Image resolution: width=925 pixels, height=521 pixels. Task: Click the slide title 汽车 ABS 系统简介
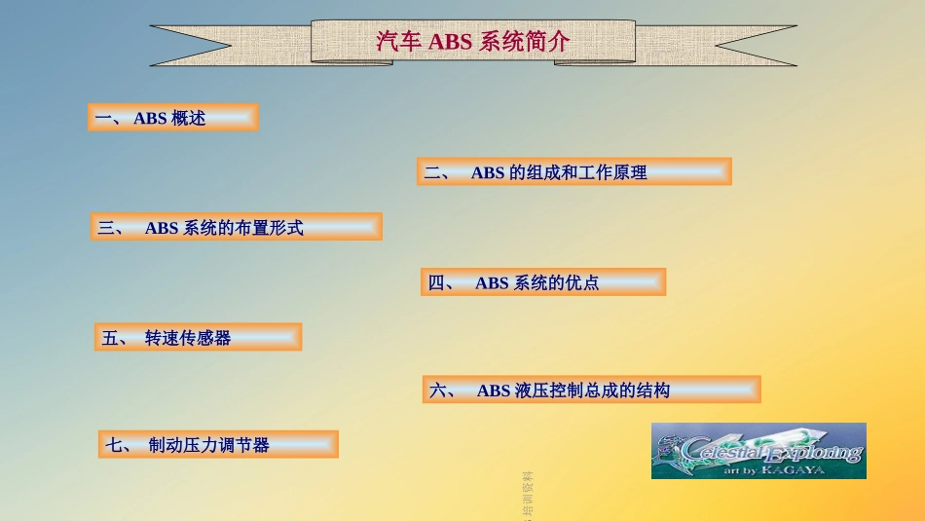[473, 43]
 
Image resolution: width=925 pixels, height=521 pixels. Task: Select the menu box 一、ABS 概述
[172, 118]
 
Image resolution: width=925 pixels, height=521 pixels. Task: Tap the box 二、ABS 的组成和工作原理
[573, 172]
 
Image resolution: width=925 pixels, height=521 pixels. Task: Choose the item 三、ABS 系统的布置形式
[236, 228]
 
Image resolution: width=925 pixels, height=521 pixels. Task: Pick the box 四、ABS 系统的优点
[542, 283]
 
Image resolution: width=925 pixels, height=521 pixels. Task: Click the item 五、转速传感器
[198, 338]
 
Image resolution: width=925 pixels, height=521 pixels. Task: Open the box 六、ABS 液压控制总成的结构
[591, 391]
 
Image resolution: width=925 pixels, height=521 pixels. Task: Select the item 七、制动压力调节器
[218, 445]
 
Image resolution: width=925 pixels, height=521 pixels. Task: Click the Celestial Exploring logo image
[758, 450]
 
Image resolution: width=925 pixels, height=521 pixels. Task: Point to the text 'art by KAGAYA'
[773, 469]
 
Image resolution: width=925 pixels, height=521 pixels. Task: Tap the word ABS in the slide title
[450, 43]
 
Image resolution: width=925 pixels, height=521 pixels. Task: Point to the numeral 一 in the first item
[103, 119]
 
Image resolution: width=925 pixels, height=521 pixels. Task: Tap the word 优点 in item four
[582, 283]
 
